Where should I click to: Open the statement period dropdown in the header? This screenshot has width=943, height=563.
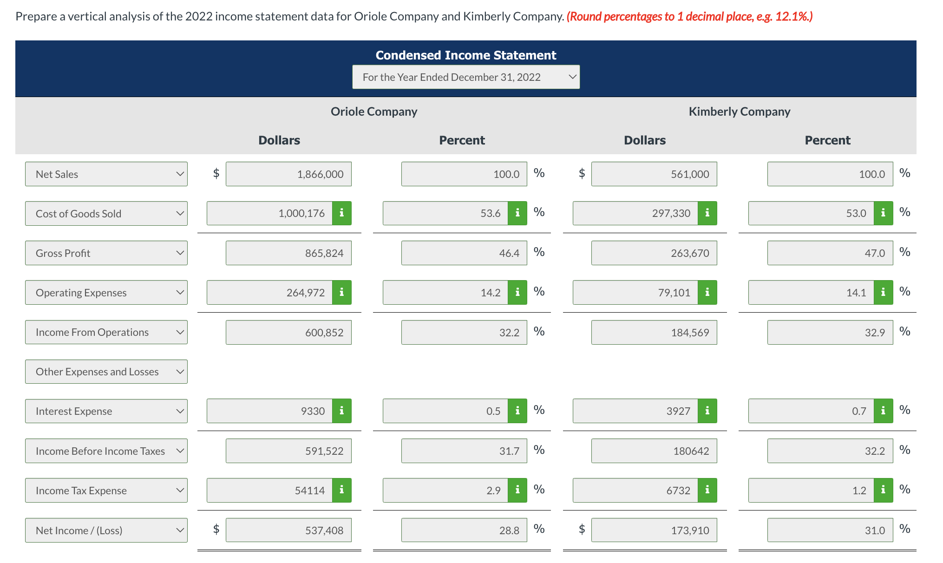(x=465, y=77)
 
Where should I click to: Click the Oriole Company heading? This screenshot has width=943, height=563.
(x=373, y=111)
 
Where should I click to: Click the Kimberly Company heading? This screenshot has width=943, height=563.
(x=739, y=111)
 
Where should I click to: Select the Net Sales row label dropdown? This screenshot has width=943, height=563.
(x=106, y=174)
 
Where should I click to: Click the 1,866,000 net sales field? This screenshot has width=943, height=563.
(x=288, y=174)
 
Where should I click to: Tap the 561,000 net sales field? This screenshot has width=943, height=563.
(x=654, y=174)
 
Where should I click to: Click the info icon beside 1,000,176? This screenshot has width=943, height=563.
(x=342, y=213)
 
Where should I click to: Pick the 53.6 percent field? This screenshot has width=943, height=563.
(x=445, y=213)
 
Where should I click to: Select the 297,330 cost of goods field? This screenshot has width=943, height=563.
(x=635, y=213)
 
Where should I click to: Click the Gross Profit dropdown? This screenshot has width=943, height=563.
(x=106, y=253)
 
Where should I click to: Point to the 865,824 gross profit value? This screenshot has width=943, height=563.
(x=288, y=253)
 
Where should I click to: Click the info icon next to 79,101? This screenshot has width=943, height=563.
(x=707, y=292)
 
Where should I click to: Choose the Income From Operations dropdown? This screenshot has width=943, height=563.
(x=106, y=332)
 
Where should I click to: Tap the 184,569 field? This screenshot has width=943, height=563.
(x=654, y=332)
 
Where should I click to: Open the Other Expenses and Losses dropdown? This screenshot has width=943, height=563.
(x=106, y=372)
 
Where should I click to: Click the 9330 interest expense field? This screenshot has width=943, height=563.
(x=269, y=411)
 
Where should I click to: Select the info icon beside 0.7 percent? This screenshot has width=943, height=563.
(x=883, y=411)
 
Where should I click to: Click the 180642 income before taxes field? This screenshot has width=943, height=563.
(x=654, y=451)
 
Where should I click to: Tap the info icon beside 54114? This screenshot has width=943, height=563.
(x=342, y=490)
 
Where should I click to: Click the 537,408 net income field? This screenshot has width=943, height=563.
(x=288, y=530)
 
